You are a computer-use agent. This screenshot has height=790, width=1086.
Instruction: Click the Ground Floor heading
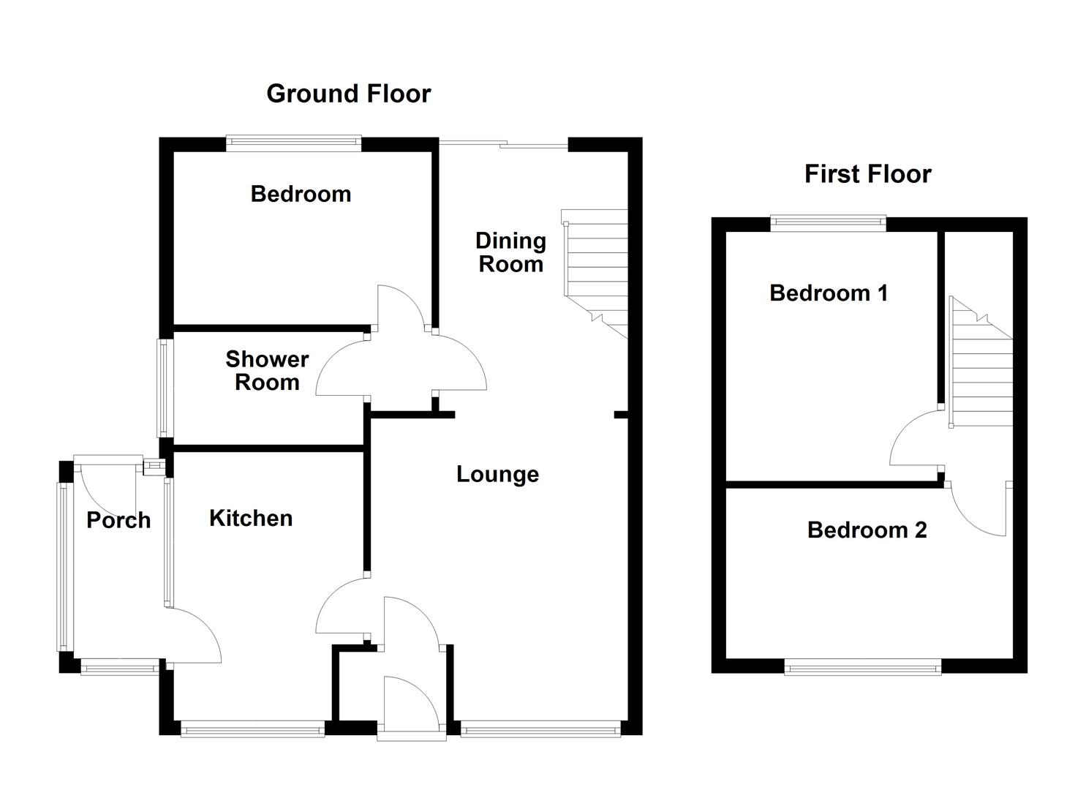(x=348, y=94)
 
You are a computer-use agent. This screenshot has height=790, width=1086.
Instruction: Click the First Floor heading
(x=867, y=174)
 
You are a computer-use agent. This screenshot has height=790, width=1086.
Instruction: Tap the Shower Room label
(x=267, y=371)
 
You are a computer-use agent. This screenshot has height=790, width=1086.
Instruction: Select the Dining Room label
(x=510, y=252)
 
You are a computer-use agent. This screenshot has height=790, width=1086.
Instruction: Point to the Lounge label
(x=497, y=474)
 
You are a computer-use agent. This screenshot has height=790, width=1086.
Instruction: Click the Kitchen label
(x=251, y=518)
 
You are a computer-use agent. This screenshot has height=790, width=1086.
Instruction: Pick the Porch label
(x=118, y=520)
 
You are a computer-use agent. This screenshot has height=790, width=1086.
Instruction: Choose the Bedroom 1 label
(x=829, y=293)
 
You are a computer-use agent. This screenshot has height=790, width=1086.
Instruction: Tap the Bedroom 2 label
(x=867, y=530)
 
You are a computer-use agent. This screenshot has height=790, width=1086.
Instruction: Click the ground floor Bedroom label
(x=301, y=194)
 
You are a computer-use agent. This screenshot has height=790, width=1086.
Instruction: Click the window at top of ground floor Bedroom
(x=293, y=143)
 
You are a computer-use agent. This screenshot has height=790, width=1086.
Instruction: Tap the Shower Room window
(x=166, y=388)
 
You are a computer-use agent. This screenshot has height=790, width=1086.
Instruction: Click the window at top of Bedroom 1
(x=828, y=224)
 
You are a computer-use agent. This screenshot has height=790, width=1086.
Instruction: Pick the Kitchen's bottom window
(x=252, y=729)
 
